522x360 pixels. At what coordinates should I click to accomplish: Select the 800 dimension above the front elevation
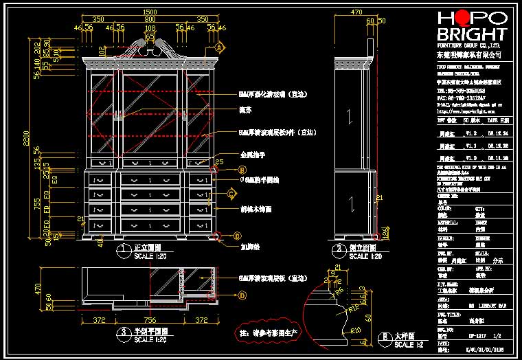150,19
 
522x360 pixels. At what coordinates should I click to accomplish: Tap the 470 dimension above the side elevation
356,12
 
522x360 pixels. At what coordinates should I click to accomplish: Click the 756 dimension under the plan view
149,320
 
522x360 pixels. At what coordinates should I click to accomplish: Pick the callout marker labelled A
219,47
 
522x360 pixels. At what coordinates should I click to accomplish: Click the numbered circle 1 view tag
123,248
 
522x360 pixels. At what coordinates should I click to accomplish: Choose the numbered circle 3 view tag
123,333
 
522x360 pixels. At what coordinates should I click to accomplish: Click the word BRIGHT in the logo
473,34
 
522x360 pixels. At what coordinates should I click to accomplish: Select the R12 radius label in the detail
352,309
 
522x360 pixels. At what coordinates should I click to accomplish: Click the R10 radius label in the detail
356,330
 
